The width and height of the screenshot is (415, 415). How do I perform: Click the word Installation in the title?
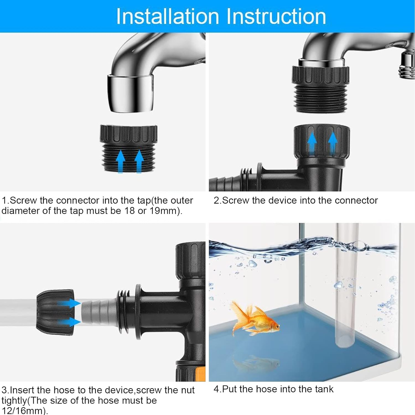click(167, 17)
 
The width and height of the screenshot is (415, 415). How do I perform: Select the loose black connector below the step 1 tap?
click(129, 148)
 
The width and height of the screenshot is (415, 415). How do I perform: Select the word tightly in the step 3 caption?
click(14, 400)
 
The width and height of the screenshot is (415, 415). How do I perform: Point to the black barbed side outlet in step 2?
click(227, 181)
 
